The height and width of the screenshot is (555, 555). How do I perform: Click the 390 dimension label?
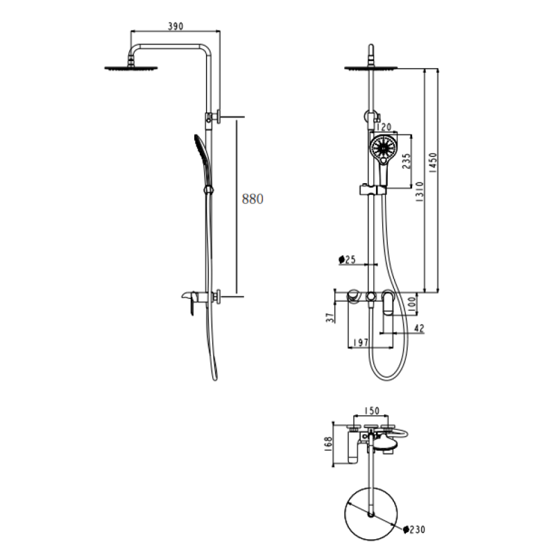tap(175, 26)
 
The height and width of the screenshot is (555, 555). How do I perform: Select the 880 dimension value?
tap(253, 199)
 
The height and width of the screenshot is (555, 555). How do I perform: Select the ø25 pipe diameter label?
tap(347, 259)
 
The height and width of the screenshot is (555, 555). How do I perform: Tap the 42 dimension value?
tap(418, 329)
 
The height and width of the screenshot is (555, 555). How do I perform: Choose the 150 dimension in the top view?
tap(372, 411)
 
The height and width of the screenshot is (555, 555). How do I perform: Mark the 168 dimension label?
tap(328, 443)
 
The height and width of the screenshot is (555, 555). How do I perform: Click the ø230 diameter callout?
tap(413, 530)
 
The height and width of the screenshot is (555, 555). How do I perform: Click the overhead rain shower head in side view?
tap(131, 67)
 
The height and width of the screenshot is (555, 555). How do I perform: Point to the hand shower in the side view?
tap(200, 153)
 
